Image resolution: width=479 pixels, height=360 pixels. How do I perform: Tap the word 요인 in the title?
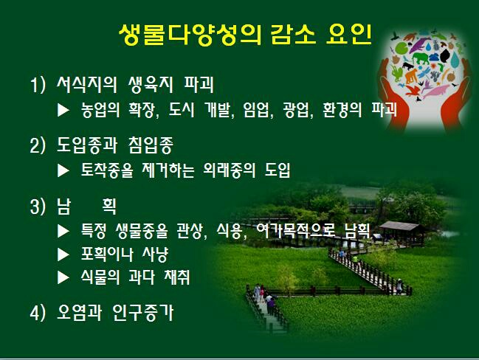(x=349, y=34)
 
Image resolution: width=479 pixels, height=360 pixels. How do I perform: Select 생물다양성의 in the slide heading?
(x=190, y=35)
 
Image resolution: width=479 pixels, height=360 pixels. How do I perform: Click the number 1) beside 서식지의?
(x=38, y=85)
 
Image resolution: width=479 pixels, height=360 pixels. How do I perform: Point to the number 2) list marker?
(x=38, y=145)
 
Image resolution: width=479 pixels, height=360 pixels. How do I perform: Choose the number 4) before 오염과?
(x=38, y=312)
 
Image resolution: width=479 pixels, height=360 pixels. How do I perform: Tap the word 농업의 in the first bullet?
(x=100, y=110)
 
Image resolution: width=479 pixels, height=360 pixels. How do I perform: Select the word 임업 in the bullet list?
(x=256, y=110)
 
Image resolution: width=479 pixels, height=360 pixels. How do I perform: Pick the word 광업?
(x=296, y=110)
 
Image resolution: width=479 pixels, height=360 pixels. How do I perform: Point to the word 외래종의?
(x=229, y=170)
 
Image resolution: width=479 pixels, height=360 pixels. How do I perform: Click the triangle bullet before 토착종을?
(x=63, y=170)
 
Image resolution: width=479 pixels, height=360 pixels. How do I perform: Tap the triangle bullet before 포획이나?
(x=63, y=255)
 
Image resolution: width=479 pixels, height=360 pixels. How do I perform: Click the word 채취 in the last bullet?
(x=177, y=277)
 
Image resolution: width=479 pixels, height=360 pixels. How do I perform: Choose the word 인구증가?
(x=142, y=312)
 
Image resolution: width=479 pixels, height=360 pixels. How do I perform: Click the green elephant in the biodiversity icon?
(x=420, y=58)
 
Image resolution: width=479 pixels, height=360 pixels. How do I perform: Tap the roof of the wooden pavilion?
(x=400, y=226)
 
